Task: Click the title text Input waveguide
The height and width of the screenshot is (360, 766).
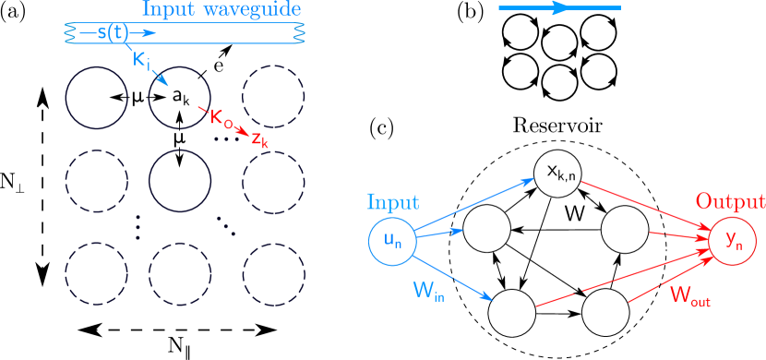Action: (221, 11)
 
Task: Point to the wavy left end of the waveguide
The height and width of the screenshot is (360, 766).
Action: (68, 33)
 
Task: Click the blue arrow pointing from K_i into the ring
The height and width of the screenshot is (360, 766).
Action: (160, 78)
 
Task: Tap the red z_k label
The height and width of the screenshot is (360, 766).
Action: (259, 140)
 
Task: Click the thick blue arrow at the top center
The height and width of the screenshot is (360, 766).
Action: (559, 8)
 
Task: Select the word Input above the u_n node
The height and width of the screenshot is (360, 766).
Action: (392, 201)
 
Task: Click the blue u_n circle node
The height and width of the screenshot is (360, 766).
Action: (392, 240)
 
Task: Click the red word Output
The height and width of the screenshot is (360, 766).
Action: (729, 201)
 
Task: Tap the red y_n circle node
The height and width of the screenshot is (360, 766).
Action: (733, 241)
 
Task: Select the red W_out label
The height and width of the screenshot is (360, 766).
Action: (689, 295)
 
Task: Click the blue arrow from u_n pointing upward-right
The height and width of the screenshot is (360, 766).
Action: (474, 204)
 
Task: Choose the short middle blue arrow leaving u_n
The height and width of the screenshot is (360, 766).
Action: (440, 233)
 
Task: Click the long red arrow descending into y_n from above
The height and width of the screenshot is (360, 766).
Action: (646, 206)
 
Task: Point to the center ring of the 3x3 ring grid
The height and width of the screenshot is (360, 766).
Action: (180, 179)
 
